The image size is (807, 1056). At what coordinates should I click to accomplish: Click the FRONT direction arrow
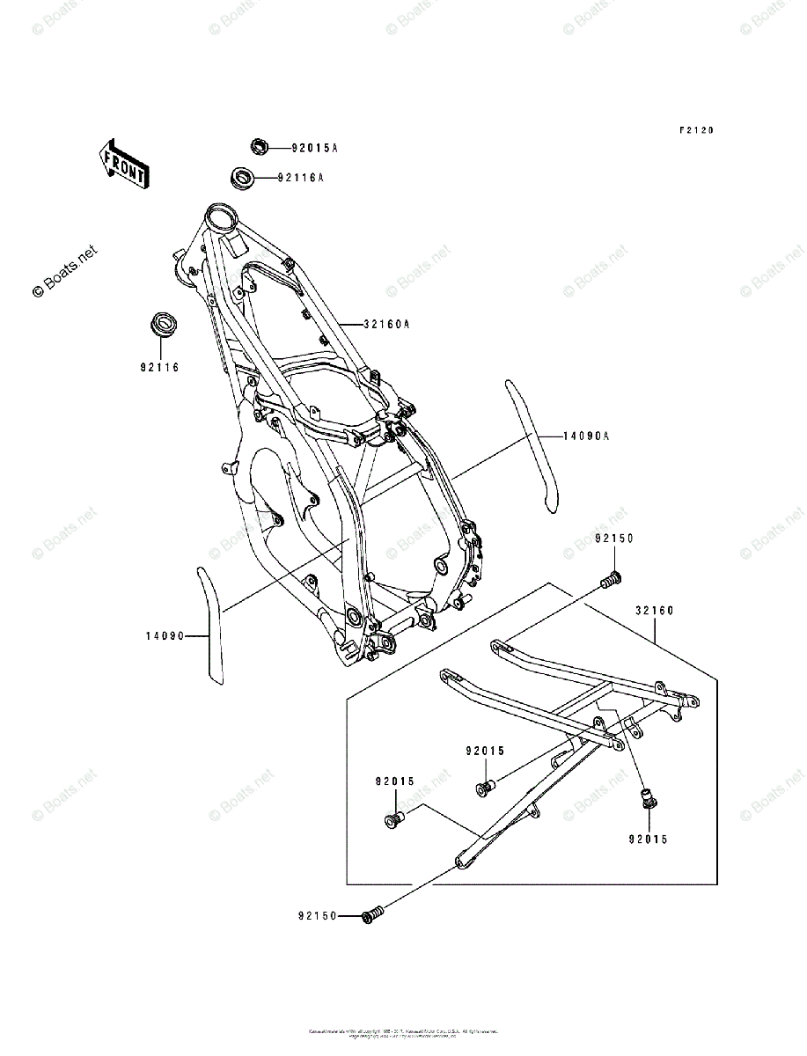click(x=123, y=164)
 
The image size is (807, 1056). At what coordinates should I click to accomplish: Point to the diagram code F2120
click(x=695, y=130)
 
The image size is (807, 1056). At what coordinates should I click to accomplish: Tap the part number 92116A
click(x=300, y=178)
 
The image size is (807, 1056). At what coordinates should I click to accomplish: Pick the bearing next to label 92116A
click(x=243, y=177)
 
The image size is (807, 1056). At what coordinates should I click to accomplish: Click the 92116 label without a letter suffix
click(x=158, y=367)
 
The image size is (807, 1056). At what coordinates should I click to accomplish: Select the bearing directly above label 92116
click(x=161, y=323)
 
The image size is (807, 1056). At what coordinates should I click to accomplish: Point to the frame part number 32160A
click(x=386, y=324)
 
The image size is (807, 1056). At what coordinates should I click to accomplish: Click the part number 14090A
click(x=562, y=436)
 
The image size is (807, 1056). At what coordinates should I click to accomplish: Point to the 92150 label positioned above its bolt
click(x=613, y=538)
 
